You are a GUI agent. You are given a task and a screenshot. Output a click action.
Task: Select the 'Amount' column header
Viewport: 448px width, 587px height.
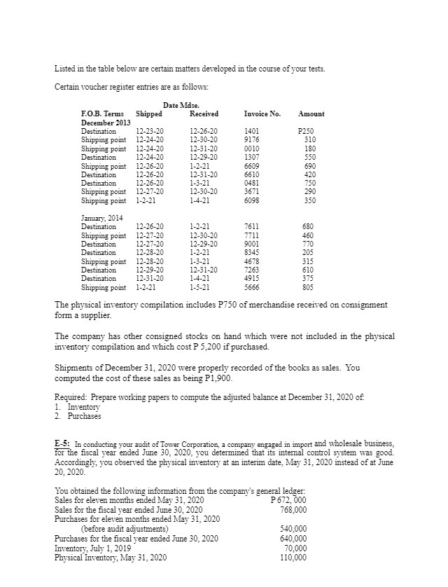tap(311, 113)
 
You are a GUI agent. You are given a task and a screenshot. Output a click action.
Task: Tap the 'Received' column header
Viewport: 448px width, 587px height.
tap(204, 113)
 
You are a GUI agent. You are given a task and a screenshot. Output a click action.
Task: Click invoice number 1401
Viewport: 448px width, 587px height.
tap(251, 131)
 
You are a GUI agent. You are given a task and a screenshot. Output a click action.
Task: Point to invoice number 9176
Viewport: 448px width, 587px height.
tap(251, 139)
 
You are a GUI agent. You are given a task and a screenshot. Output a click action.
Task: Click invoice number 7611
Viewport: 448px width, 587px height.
tap(251, 227)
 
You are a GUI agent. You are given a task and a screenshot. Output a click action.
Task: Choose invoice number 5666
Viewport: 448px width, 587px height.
tap(251, 287)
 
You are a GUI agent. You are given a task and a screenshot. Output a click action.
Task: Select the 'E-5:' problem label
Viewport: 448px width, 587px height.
tap(62, 443)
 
